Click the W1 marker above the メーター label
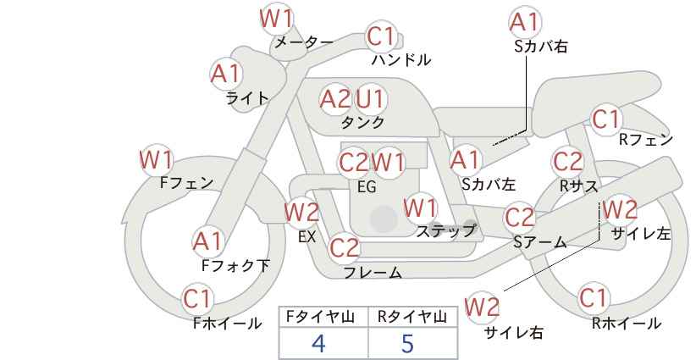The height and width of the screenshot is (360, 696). click(276, 19)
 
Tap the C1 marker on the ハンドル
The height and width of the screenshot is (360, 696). click(380, 36)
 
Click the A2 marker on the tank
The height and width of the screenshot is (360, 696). click(335, 99)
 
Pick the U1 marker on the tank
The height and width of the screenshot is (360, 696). click(370, 99)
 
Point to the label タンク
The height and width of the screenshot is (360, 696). click(362, 122)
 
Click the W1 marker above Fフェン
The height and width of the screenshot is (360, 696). click(156, 160)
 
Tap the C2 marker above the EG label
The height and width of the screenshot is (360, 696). click(354, 163)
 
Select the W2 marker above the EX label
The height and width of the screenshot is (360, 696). click(301, 212)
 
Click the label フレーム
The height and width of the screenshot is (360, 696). click(373, 273)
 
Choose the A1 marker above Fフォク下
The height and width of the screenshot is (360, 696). click(207, 242)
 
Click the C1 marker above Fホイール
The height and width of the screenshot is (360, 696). click(197, 299)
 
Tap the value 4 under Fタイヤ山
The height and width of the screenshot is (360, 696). click(318, 343)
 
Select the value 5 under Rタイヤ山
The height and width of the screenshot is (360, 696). click(407, 343)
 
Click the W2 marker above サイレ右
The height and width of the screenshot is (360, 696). click(482, 307)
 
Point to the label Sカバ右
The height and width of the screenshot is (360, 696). click(541, 47)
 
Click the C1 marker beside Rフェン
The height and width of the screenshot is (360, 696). click(606, 119)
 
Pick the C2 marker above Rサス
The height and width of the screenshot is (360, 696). click(567, 162)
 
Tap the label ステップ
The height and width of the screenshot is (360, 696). click(445, 231)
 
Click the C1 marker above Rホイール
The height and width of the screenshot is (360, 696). click(594, 298)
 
